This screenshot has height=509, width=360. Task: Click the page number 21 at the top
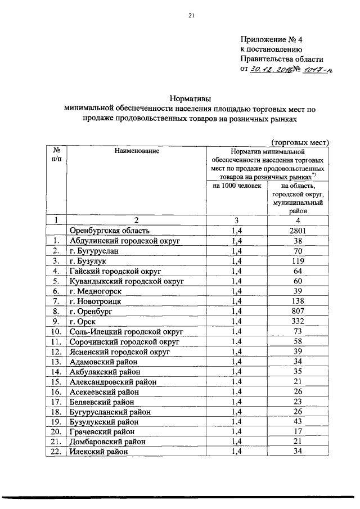pyautogui.click(x=191, y=16)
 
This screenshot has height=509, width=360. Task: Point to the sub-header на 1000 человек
pyautogui.click(x=237, y=186)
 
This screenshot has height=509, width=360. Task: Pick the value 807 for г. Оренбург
pyautogui.click(x=298, y=311)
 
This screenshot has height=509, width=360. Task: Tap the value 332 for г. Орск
pyautogui.click(x=298, y=321)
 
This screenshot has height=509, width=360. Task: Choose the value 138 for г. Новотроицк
pyautogui.click(x=298, y=301)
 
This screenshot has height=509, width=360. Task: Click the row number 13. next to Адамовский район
pyautogui.click(x=56, y=361)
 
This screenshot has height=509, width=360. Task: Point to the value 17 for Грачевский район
pyautogui.click(x=298, y=431)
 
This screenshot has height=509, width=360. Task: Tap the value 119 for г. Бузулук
pyautogui.click(x=298, y=261)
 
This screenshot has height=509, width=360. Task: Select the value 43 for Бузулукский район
pyautogui.click(x=298, y=421)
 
